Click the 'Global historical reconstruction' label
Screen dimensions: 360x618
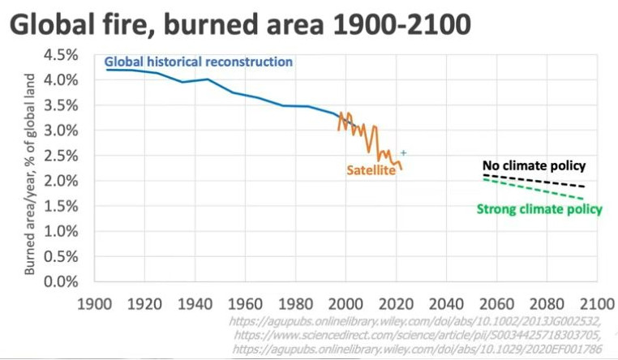tap(199, 62)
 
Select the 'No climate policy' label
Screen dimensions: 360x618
tap(534, 165)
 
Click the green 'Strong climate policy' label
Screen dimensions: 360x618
tap(539, 209)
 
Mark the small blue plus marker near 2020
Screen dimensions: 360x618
tap(402, 152)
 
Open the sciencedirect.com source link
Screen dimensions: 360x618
tap(418, 335)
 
